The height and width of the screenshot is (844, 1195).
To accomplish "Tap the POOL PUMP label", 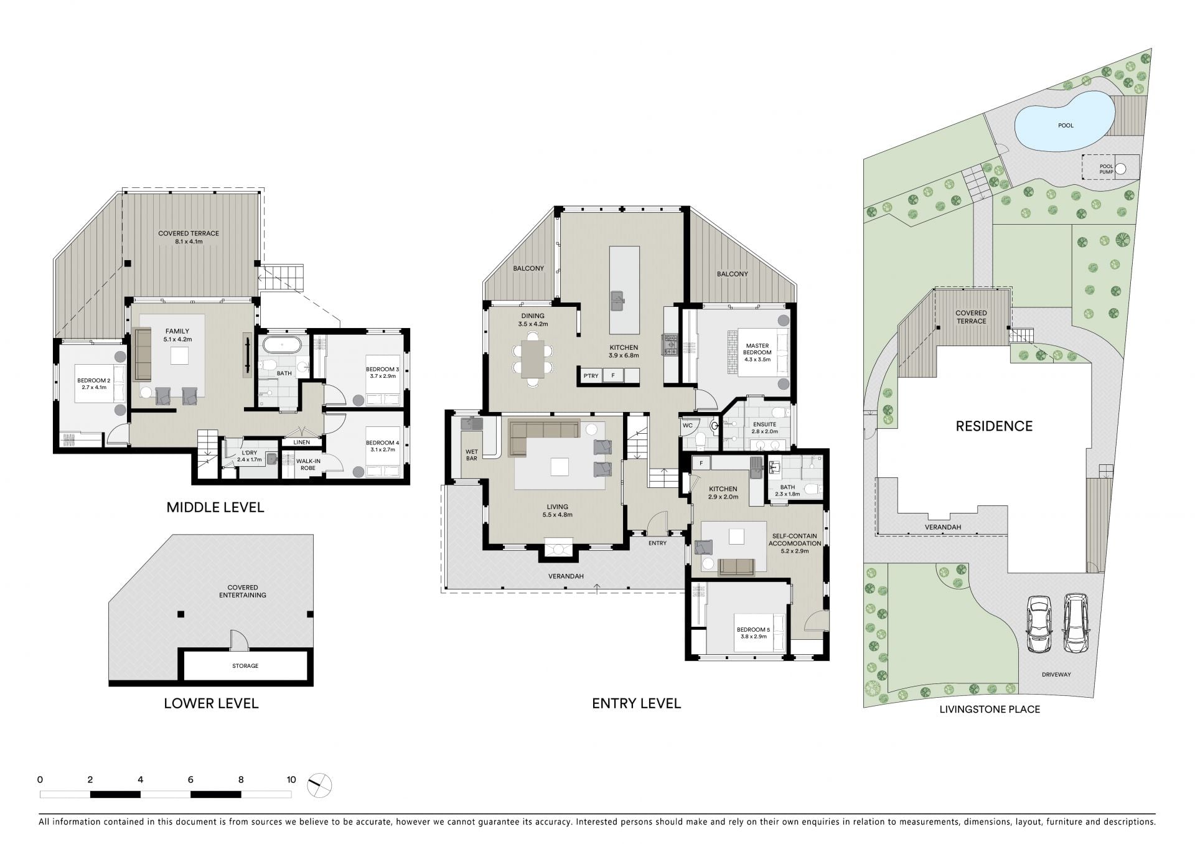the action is [x=1106, y=169].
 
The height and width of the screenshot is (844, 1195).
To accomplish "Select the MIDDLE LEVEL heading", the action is [x=215, y=507].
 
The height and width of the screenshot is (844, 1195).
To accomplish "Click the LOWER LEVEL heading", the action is [x=211, y=703].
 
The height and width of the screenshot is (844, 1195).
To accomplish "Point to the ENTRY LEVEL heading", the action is [x=636, y=703].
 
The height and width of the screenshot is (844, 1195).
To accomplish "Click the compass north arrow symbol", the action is [x=320, y=785].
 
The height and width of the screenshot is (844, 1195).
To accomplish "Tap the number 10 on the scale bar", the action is [x=291, y=779].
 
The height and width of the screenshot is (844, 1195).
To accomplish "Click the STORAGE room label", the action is [x=245, y=666].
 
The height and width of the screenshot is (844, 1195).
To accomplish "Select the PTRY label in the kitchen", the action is [x=591, y=375].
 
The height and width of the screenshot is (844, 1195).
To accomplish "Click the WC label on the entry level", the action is [x=688, y=426].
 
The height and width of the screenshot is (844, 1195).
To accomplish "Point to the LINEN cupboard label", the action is [x=302, y=443].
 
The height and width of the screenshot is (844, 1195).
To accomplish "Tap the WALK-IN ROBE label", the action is [x=308, y=464].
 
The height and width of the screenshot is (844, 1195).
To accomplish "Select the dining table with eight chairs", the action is [x=533, y=360].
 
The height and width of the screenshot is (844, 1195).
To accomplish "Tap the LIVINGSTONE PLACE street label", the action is [x=990, y=709].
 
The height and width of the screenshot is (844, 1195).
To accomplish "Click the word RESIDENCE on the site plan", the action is [x=994, y=426].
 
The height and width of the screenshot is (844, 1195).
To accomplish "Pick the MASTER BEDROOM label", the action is [x=757, y=349].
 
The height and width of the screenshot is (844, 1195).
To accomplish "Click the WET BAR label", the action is [x=471, y=455].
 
